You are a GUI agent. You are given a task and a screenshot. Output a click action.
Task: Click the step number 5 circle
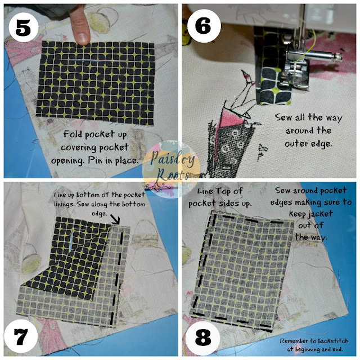pos(23,28)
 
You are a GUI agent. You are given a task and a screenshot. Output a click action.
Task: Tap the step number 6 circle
pos(204,26)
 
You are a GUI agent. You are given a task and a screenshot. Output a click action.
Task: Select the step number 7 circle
pos(21,336)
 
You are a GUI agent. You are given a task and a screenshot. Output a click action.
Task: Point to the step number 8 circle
pos(202,337)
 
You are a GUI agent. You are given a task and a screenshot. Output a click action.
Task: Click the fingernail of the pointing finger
pos(82,38)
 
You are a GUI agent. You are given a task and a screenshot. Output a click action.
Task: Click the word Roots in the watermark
pos(172,175)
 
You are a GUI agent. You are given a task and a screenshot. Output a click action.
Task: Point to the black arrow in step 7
pos(115,219)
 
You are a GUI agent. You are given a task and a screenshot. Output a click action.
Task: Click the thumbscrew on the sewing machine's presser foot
pos(337,56)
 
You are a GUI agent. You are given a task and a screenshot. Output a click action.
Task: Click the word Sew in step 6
pos(283,117)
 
